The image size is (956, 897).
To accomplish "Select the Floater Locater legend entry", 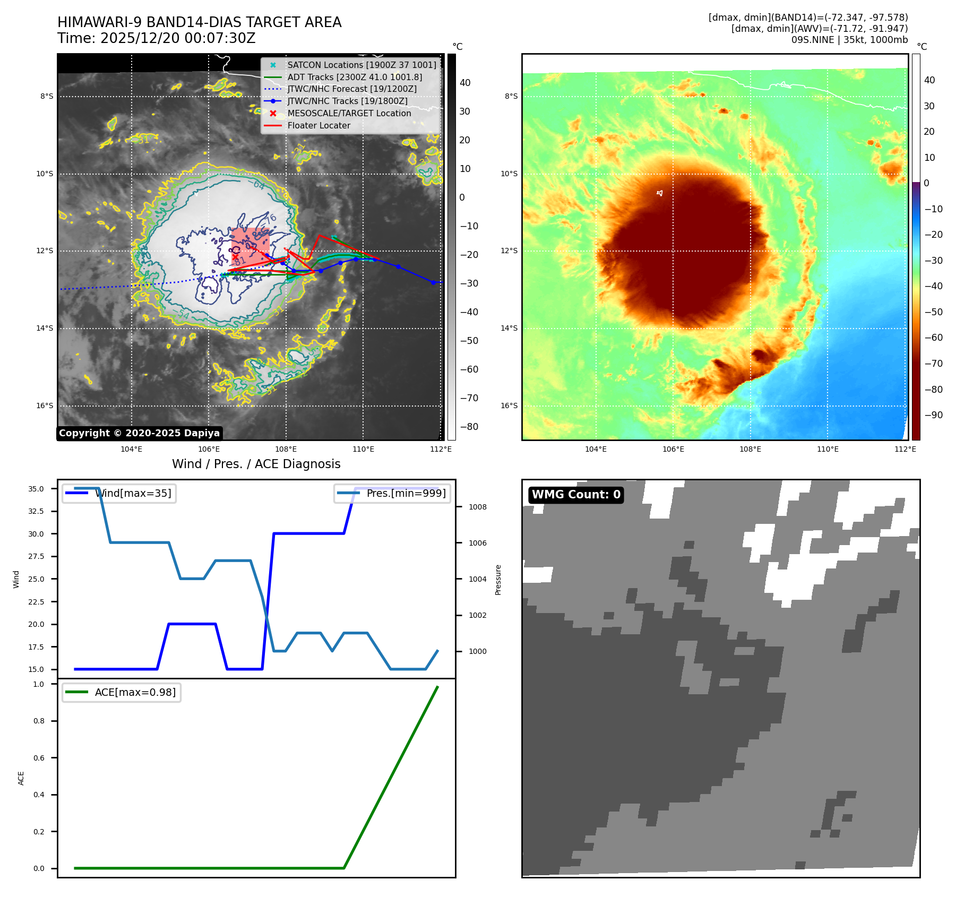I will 318,126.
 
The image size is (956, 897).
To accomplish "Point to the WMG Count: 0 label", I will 576,495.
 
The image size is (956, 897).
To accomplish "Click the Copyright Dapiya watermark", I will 139,433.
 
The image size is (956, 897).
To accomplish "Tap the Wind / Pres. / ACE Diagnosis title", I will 256,464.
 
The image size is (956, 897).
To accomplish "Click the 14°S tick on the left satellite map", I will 45,329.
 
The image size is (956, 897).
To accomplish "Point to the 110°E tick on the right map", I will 828,450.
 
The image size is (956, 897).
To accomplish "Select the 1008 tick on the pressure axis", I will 477,507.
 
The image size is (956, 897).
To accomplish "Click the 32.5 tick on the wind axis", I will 36,512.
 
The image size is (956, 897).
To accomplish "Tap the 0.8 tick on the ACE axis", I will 39,721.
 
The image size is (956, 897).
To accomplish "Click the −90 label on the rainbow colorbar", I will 933,416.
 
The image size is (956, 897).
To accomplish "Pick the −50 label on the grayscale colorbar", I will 468,341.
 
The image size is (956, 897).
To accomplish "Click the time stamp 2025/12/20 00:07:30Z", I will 178,39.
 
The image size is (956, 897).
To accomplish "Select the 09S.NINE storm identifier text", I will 812,40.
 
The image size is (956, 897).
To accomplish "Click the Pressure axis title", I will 498,580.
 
